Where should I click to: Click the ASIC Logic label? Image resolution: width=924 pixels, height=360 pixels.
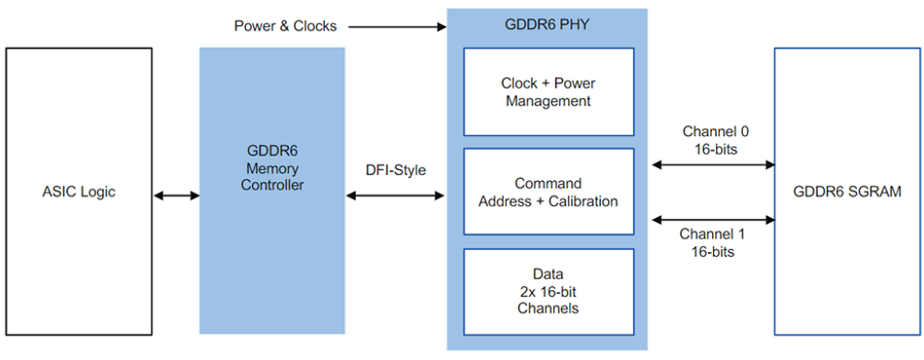click(x=77, y=192)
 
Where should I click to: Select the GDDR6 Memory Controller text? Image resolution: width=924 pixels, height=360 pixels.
click(x=271, y=167)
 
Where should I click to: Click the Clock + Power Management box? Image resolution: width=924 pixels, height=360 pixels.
click(x=549, y=91)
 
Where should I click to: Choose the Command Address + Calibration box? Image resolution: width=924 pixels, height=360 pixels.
click(x=549, y=192)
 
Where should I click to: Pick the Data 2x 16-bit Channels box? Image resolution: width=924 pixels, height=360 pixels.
click(x=549, y=292)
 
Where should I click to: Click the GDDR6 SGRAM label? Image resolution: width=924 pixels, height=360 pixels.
click(x=846, y=192)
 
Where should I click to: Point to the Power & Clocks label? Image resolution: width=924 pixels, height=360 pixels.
click(x=286, y=26)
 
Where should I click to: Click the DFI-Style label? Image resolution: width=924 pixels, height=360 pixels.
click(x=394, y=170)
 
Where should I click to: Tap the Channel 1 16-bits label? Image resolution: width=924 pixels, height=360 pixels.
click(x=715, y=242)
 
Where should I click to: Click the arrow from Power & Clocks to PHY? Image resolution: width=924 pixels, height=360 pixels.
click(x=397, y=27)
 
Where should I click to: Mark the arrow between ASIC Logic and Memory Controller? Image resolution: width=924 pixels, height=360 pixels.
click(x=176, y=196)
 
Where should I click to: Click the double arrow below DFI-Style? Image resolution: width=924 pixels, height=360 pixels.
click(x=396, y=196)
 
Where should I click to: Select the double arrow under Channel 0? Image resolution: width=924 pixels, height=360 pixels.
click(x=713, y=165)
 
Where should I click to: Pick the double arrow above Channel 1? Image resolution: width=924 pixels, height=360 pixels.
click(x=713, y=218)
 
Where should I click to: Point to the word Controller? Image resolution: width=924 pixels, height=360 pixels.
click(x=271, y=185)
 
